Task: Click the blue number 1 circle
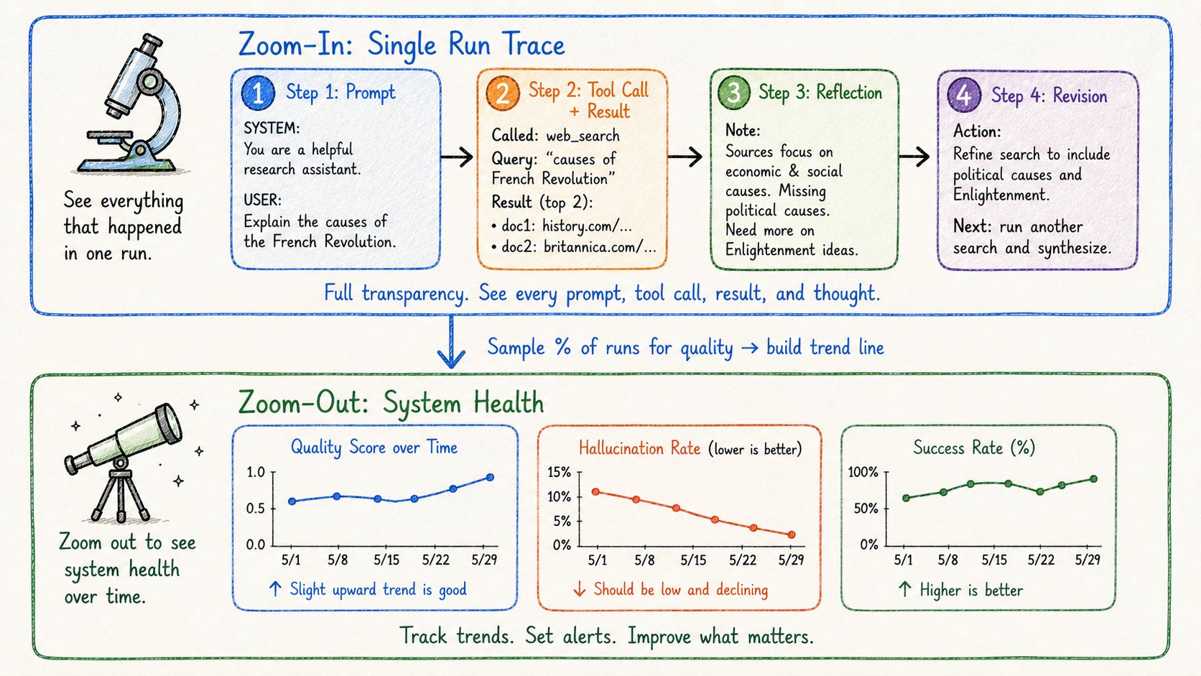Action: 258,93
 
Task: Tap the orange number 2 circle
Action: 502,93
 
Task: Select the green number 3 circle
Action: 733,92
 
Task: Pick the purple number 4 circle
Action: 963,95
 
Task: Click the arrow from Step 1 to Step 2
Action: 457,157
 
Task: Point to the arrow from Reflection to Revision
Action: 914,157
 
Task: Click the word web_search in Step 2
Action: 583,136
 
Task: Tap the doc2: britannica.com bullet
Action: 573,246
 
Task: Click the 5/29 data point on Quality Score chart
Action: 490,477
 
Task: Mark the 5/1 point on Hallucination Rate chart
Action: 595,491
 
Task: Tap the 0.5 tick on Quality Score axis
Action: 256,508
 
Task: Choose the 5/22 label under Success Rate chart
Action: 1041,560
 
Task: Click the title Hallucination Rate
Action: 639,448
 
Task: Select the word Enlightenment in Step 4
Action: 1001,195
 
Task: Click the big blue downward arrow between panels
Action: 451,341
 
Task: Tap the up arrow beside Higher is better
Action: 904,589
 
